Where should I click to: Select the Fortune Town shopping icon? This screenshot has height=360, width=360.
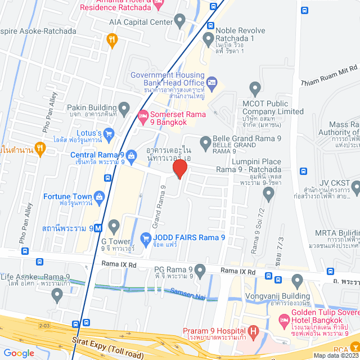pyautogui.click(x=100, y=196)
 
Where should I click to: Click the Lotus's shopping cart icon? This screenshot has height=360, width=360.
pyautogui.click(x=109, y=133)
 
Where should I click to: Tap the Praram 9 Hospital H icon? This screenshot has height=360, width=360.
pyautogui.click(x=254, y=331)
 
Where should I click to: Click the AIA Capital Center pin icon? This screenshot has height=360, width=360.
pyautogui.click(x=180, y=22)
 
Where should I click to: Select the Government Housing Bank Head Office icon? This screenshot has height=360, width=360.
pyautogui.click(x=211, y=82)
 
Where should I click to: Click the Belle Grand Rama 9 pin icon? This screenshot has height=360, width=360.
pyautogui.click(x=205, y=142)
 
